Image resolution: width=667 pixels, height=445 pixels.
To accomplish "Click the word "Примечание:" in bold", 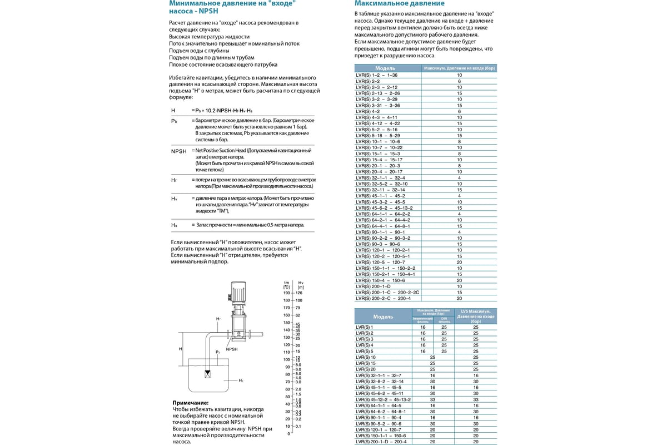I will (191, 402).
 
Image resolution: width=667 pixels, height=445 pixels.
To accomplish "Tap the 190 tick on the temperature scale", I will (287, 293).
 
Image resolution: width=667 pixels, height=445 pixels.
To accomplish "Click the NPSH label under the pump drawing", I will (232, 349).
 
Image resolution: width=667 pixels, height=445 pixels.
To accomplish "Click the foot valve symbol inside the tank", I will (208, 373).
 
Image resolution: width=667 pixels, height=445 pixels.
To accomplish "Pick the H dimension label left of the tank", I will (181, 348).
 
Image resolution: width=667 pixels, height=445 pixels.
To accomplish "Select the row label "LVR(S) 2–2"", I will (367, 81).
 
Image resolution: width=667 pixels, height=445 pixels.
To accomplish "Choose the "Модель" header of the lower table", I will (383, 317).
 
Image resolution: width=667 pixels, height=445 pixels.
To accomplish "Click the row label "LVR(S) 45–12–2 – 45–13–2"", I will (383, 399).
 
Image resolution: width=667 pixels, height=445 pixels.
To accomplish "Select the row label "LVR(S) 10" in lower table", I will (365, 357).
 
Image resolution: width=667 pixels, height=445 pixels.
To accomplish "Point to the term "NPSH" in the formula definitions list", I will (179, 151).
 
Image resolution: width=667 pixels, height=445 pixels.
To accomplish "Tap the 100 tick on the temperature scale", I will (287, 359).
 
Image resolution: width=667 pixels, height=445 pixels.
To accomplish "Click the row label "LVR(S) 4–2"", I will (367, 111).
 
